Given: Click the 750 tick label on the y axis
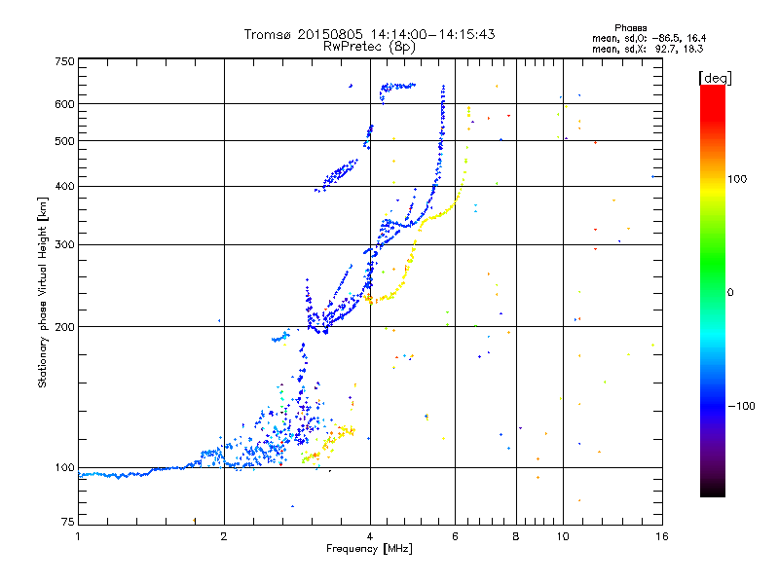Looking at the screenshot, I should (x=64, y=61).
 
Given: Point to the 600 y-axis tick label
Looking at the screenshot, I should (x=64, y=104).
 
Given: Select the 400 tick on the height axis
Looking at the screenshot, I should (x=64, y=186).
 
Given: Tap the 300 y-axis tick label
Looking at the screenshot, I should (x=64, y=244).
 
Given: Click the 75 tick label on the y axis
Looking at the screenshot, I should (x=66, y=524).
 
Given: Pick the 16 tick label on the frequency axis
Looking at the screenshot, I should (x=661, y=536).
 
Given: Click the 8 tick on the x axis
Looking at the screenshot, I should (x=516, y=536).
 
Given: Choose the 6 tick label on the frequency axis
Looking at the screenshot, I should (x=456, y=536).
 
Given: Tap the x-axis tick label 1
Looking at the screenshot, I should (x=79, y=536).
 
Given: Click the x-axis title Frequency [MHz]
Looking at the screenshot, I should (x=370, y=550).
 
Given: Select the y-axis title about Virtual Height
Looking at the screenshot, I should (x=43, y=292).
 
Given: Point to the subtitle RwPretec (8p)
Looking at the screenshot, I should (x=369, y=46).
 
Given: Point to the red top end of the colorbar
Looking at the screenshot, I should (x=712, y=90).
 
